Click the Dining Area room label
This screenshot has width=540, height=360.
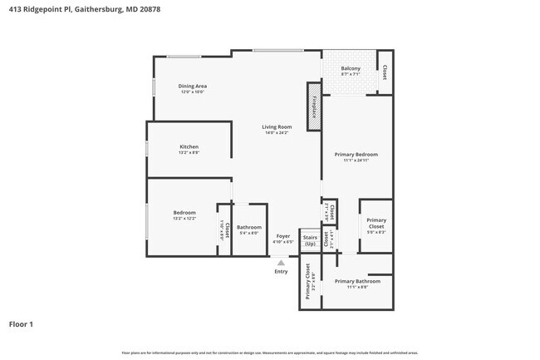[193, 86]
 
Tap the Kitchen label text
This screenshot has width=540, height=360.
[189, 146]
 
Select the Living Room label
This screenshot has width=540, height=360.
[275, 126]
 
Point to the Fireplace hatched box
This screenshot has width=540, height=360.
[315, 106]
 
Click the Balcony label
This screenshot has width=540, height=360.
[350, 68]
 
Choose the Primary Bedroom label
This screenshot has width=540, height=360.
[356, 154]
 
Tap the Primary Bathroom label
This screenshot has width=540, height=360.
[356, 281]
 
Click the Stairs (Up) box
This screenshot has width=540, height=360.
[310, 241]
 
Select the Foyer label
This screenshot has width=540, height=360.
[283, 236]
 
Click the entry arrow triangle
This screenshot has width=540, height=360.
[281, 262]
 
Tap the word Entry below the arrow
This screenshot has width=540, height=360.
[281, 272]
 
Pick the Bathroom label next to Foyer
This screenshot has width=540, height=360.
[249, 227]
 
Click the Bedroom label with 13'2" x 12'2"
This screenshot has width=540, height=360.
[184, 212]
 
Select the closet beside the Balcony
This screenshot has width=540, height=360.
[384, 72]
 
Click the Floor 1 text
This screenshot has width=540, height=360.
[21, 324]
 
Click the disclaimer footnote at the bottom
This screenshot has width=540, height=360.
[270, 353]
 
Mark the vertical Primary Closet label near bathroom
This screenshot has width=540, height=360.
[307, 281]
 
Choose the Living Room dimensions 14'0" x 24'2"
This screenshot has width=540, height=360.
[275, 133]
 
